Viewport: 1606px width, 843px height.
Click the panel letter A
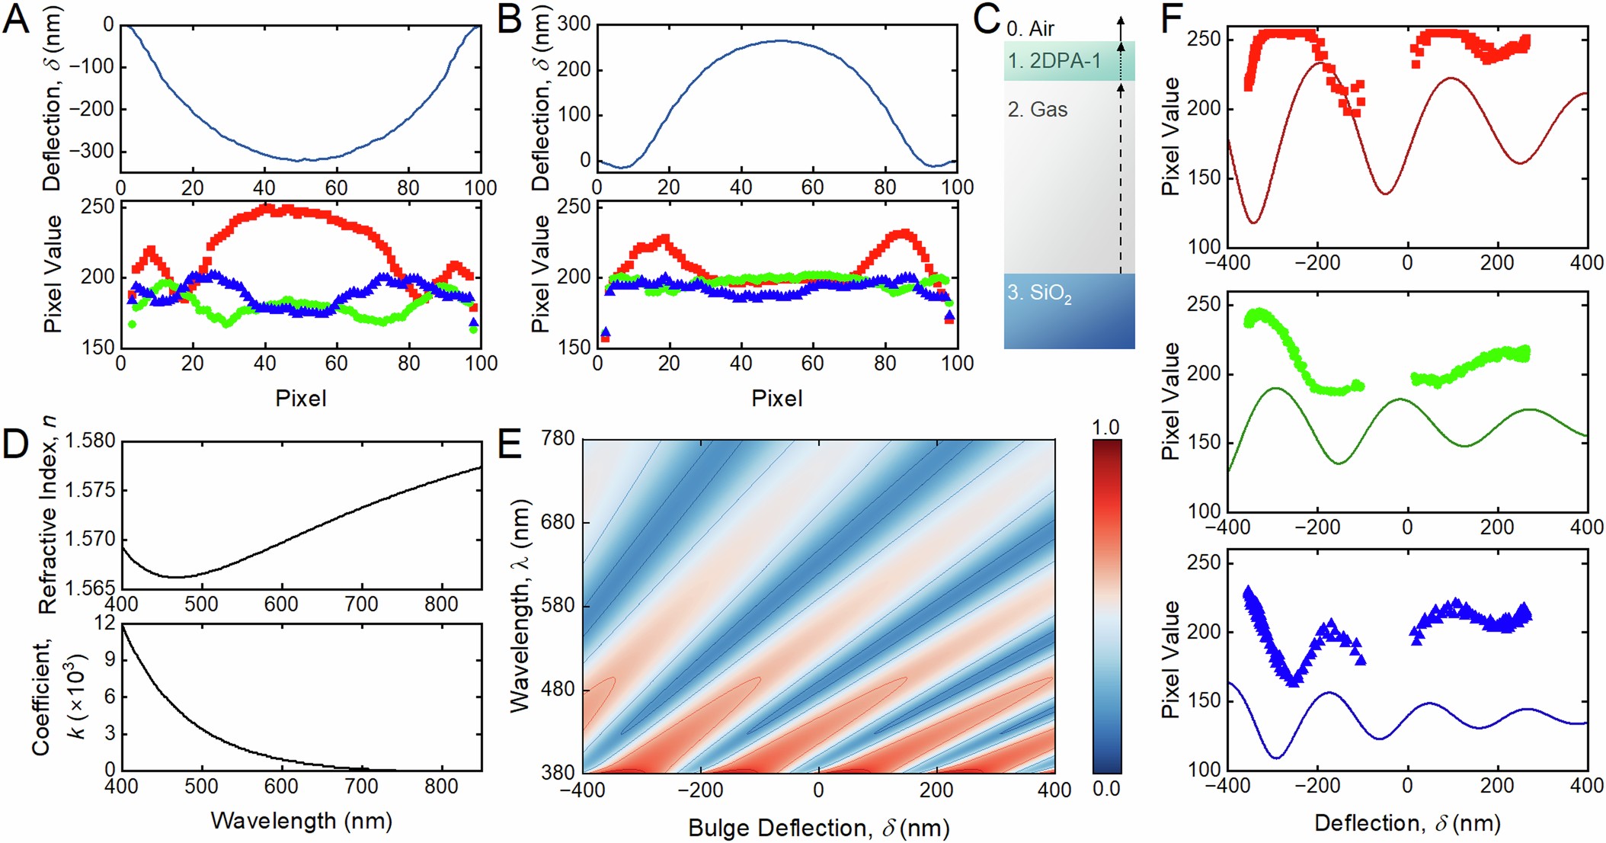click(x=17, y=20)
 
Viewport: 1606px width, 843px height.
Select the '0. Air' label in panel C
click(x=1030, y=29)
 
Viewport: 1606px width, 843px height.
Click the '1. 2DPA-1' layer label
click(x=1054, y=61)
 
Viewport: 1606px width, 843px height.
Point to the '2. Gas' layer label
click(x=1038, y=110)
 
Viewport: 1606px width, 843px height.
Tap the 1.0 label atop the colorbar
click(x=1105, y=428)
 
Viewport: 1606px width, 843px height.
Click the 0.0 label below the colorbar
click(x=1105, y=788)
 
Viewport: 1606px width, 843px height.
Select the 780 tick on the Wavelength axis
click(x=558, y=439)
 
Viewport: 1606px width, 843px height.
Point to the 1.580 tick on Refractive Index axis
click(x=91, y=441)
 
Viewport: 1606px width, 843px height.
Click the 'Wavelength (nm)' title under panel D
click(x=301, y=821)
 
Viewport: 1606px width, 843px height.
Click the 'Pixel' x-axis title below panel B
click(x=776, y=398)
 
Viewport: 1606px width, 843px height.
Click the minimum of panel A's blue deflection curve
click(x=300, y=160)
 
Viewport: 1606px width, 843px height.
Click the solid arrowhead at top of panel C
click(x=1120, y=23)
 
